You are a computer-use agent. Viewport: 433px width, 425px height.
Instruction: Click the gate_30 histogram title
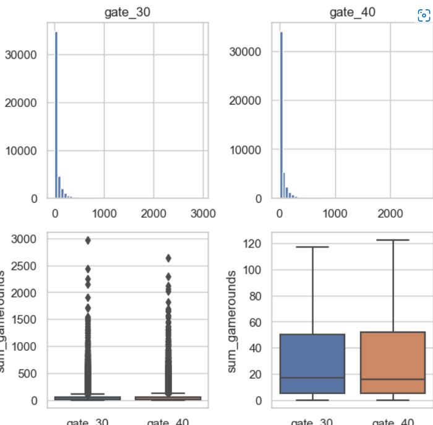127,12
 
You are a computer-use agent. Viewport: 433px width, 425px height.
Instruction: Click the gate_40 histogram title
353,12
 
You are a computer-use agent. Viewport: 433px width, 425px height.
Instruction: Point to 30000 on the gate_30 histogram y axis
21,54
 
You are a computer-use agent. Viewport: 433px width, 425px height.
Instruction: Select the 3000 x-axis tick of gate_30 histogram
202,213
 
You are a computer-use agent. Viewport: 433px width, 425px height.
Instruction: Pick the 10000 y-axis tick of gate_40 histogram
246,150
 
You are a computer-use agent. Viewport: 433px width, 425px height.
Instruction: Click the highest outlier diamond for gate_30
88,241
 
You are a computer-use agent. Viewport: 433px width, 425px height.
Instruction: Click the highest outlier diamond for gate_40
168,258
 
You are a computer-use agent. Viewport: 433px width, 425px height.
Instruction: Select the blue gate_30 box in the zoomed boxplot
312,364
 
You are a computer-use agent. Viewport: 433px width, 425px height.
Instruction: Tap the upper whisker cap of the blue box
312,247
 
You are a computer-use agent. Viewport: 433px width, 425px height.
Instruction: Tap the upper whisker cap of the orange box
392,240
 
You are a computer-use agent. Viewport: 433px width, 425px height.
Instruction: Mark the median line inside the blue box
312,378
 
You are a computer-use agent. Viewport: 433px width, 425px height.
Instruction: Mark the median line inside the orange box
392,379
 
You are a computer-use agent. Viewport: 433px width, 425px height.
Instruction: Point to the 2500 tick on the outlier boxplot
24,266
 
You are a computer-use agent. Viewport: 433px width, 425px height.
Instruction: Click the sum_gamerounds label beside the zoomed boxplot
232,321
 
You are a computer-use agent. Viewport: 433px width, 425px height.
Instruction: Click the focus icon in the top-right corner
424,15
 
